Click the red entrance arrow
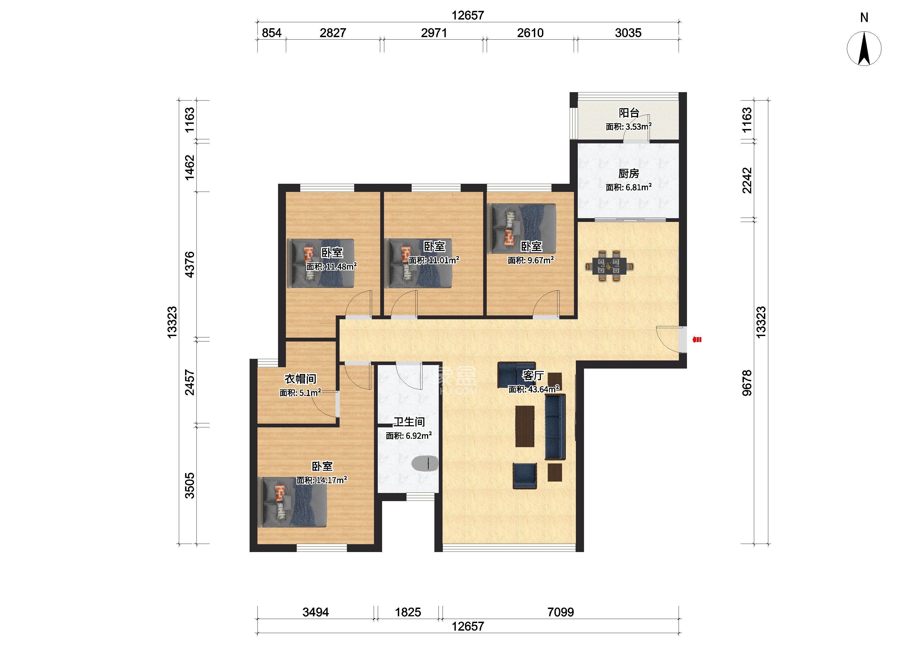click(697, 340)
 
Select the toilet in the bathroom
click(425, 463)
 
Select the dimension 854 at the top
click(272, 33)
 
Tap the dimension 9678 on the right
click(747, 383)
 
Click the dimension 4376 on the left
click(190, 265)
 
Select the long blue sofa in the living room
click(555, 427)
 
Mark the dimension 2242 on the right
click(747, 180)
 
